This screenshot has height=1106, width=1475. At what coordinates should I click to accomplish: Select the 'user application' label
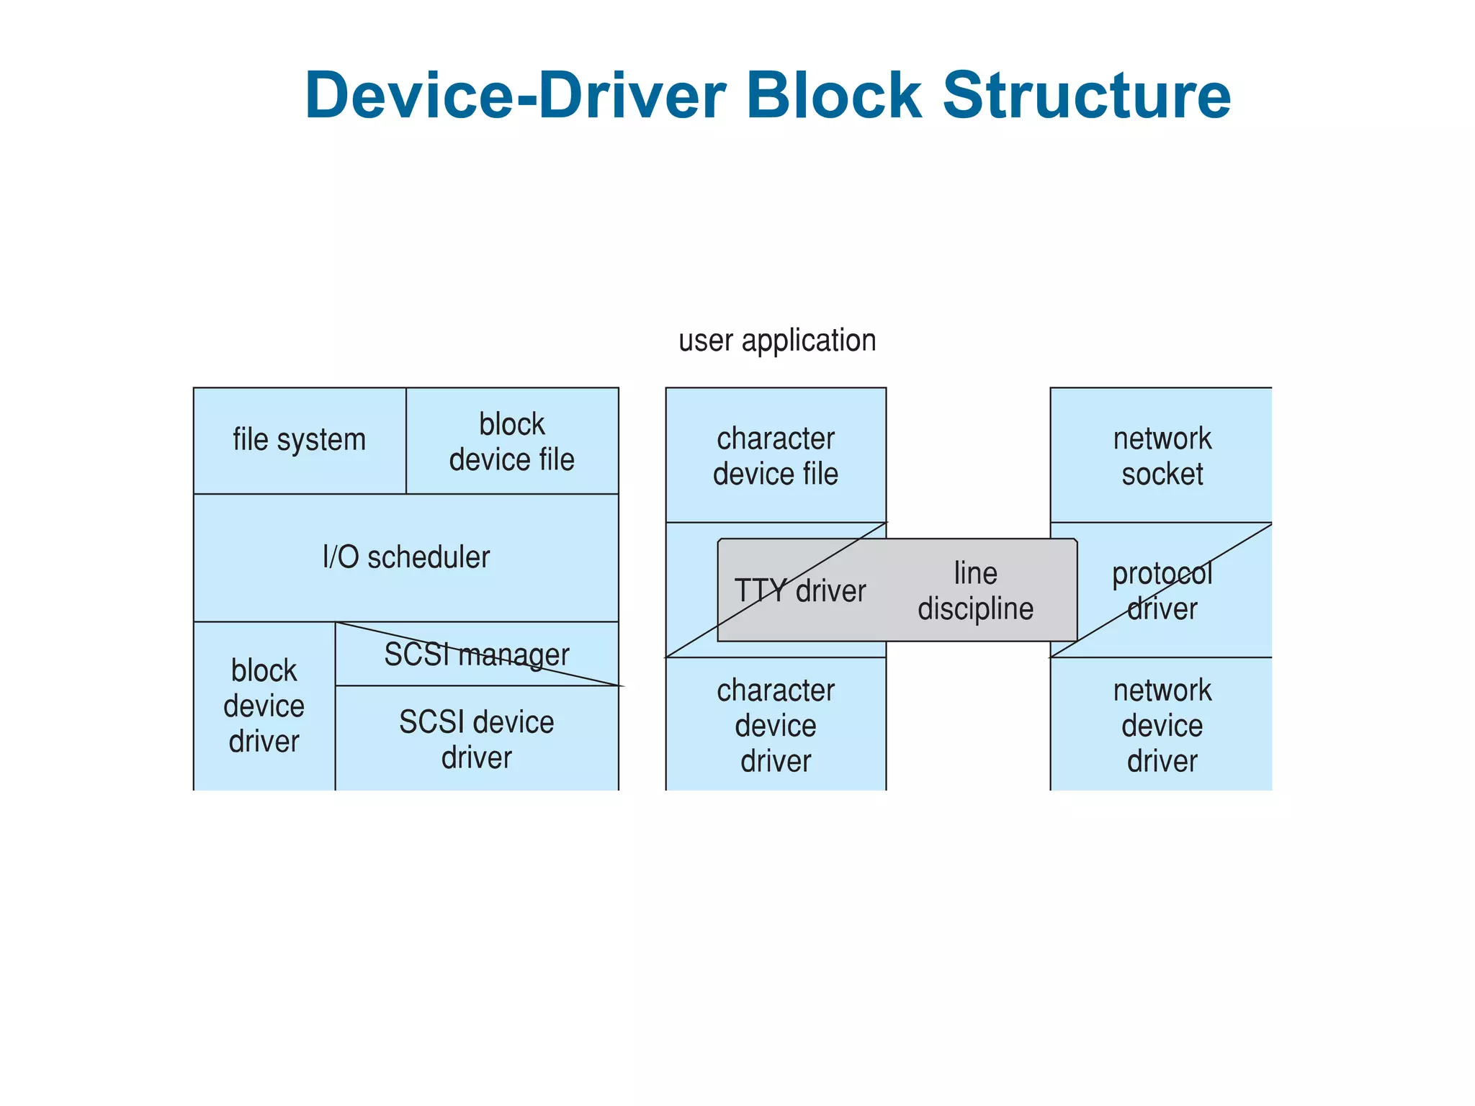(777, 341)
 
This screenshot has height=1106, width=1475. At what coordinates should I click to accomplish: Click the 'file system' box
(299, 440)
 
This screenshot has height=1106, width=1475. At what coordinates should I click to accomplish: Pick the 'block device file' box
(511, 441)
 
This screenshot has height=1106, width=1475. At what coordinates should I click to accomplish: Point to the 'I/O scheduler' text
(406, 557)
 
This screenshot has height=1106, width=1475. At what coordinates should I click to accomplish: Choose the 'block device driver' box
(264, 706)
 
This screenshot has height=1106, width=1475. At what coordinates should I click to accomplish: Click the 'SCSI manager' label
(477, 655)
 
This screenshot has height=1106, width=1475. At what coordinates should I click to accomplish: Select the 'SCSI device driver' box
(477, 739)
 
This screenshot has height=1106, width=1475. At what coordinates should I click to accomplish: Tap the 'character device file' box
(776, 456)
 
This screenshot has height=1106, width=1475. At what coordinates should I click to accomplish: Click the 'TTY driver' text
(799, 591)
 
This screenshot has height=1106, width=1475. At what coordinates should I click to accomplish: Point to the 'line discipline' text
(975, 591)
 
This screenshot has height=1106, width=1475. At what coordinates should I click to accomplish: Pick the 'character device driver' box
(776, 725)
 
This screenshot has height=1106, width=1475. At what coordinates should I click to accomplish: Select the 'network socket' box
(1162, 456)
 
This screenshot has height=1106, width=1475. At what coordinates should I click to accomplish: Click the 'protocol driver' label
(1162, 591)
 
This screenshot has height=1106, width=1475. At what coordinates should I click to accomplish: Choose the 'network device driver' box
(1162, 725)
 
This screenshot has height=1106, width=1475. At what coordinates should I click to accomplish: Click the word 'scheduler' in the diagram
(429, 557)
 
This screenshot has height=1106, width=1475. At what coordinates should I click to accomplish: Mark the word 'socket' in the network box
(1162, 475)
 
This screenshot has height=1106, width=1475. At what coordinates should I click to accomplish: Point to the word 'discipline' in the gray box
(975, 609)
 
